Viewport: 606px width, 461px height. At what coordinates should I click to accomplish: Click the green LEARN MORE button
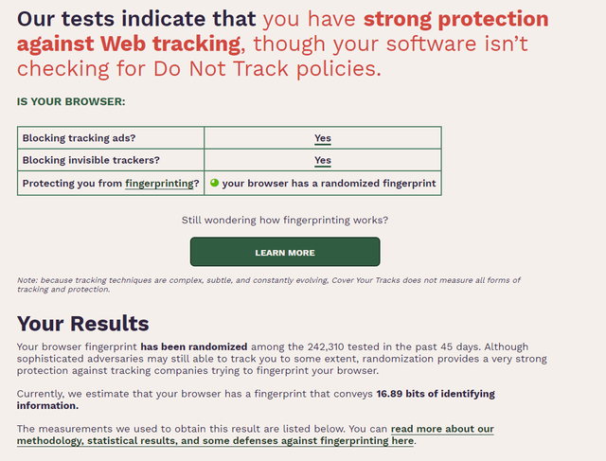285,252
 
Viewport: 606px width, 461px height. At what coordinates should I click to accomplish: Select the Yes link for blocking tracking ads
323,138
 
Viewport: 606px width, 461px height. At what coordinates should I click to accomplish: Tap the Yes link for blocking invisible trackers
323,160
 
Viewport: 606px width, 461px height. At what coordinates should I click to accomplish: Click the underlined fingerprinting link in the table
159,184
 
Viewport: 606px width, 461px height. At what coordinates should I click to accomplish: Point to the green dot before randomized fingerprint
215,183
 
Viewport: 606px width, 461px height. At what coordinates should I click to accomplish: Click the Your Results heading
82,324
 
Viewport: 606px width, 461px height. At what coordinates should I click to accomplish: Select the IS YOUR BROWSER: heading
71,101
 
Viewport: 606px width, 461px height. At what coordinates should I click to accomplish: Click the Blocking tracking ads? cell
111,138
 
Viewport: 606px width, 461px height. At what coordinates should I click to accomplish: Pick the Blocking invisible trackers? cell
111,160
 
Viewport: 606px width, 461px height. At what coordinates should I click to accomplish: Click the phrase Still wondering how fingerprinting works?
285,221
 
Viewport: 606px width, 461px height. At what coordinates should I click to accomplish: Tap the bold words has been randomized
193,346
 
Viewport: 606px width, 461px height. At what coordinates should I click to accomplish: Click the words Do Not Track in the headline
221,69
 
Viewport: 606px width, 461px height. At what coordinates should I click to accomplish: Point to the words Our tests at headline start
65,19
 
